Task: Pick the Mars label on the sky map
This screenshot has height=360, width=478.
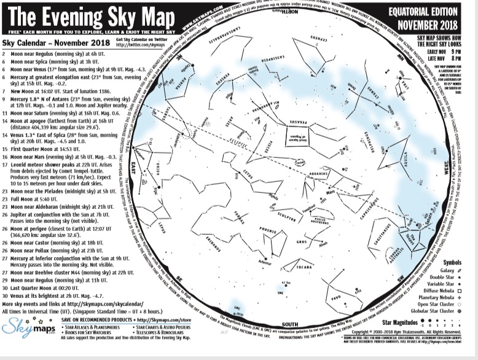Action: point(331,192)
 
